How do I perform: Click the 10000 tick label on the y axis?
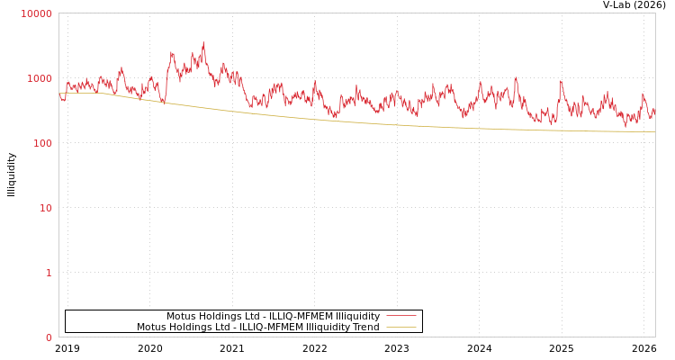tap(37, 13)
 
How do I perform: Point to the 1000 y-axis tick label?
tap(40, 78)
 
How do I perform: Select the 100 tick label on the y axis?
tap(41, 143)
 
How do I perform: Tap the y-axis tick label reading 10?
tap(44, 208)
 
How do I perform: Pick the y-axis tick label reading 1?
tap(49, 273)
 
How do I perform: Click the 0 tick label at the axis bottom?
tap(49, 337)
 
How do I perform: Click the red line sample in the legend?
tap(400, 316)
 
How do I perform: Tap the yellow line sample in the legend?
tap(400, 328)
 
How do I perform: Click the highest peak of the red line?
tap(203, 42)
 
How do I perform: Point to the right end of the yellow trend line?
tap(654, 132)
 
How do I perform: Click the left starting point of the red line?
tap(59, 94)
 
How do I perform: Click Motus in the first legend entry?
tap(181, 317)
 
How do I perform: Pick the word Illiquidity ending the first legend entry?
tap(357, 317)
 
